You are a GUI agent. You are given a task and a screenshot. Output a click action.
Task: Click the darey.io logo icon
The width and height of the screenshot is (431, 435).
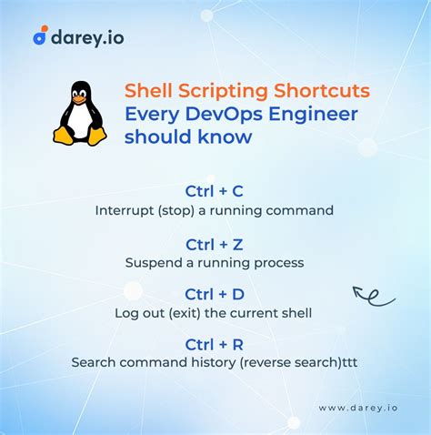point(40,36)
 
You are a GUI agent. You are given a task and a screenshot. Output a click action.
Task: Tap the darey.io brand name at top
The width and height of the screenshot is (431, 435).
point(87,36)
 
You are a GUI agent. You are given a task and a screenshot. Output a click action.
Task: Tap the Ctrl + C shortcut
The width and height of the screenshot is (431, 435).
point(215,191)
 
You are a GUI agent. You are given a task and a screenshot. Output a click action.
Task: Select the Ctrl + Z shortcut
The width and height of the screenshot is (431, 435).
point(215,244)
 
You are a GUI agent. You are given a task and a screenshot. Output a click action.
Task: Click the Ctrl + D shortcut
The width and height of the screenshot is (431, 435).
point(215,295)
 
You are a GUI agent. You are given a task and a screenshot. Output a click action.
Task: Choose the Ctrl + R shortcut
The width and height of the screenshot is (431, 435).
point(215,344)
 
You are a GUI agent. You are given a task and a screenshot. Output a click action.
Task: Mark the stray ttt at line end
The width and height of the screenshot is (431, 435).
point(347,362)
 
